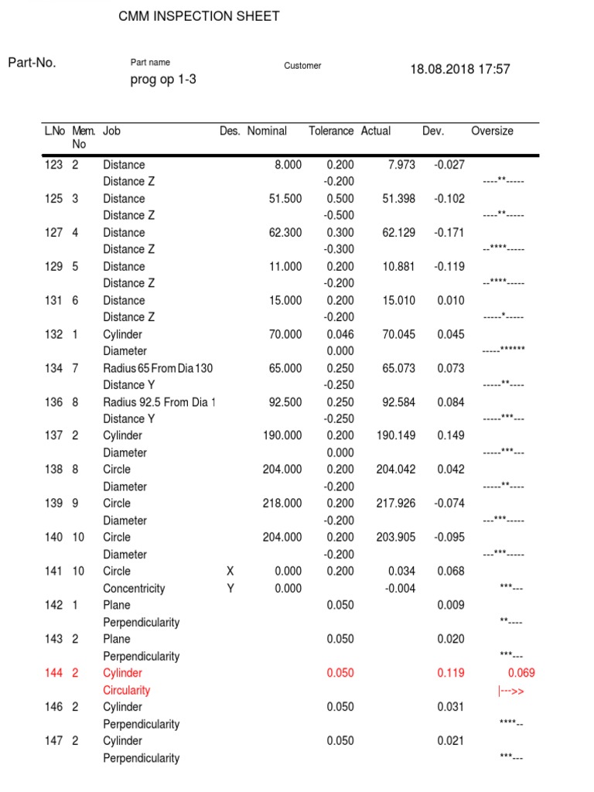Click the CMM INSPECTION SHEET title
click(199, 16)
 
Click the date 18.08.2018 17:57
click(460, 70)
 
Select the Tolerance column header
click(331, 131)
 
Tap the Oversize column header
click(492, 131)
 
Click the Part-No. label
click(32, 63)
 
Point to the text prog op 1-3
click(163, 80)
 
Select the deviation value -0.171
click(449, 233)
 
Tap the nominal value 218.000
click(282, 504)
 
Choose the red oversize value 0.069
click(521, 674)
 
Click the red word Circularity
click(127, 691)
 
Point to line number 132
click(53, 335)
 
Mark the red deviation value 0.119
click(450, 674)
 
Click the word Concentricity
click(134, 589)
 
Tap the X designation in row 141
click(229, 572)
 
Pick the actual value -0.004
click(400, 589)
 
